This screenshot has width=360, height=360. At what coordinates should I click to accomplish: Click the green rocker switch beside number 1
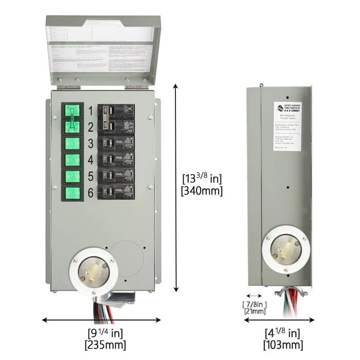click(73, 111)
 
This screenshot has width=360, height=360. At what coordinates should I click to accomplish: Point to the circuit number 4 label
click(91, 159)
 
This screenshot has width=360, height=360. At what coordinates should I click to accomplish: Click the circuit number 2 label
click(91, 127)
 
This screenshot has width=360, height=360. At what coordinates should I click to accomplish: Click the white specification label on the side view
click(292, 127)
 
